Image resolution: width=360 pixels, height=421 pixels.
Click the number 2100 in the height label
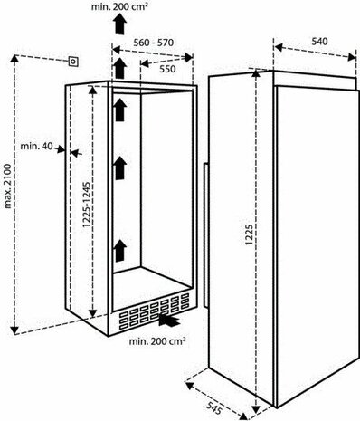tap(9, 185)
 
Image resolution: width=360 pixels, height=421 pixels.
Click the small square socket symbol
tap(71, 62)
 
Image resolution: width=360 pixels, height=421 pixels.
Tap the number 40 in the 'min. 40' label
tap(48, 146)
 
